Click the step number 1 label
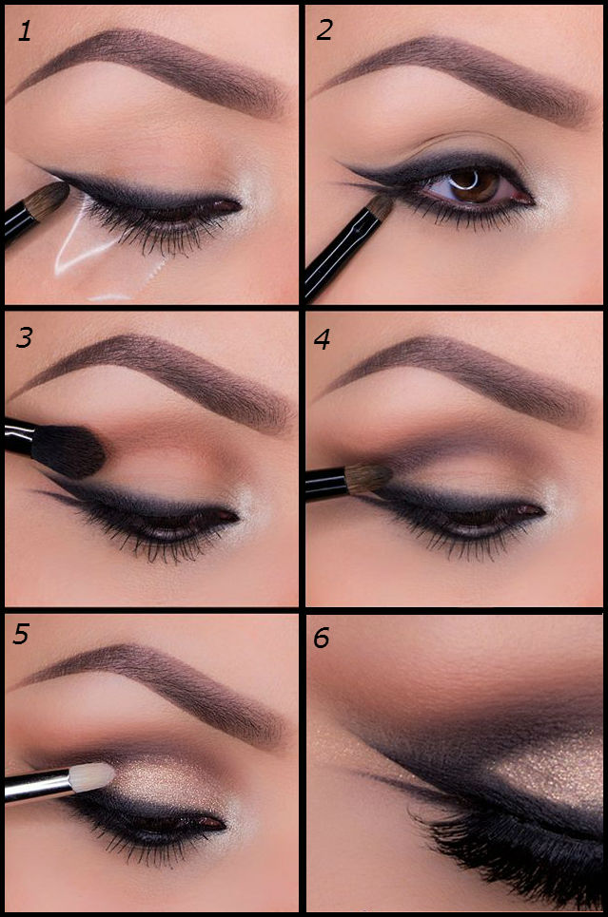[x=25, y=31]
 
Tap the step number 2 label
[x=324, y=30]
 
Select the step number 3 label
[x=24, y=338]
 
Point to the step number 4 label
[x=324, y=339]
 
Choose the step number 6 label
[x=322, y=638]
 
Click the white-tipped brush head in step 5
[x=94, y=777]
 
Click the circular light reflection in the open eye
[x=467, y=180]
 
